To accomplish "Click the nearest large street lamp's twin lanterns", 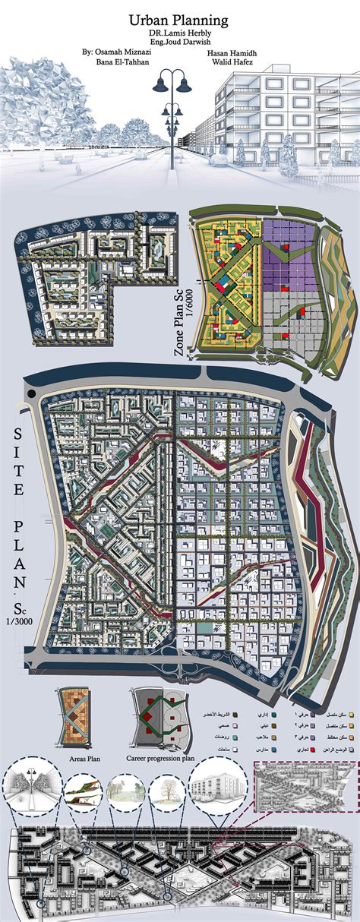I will (180, 79).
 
